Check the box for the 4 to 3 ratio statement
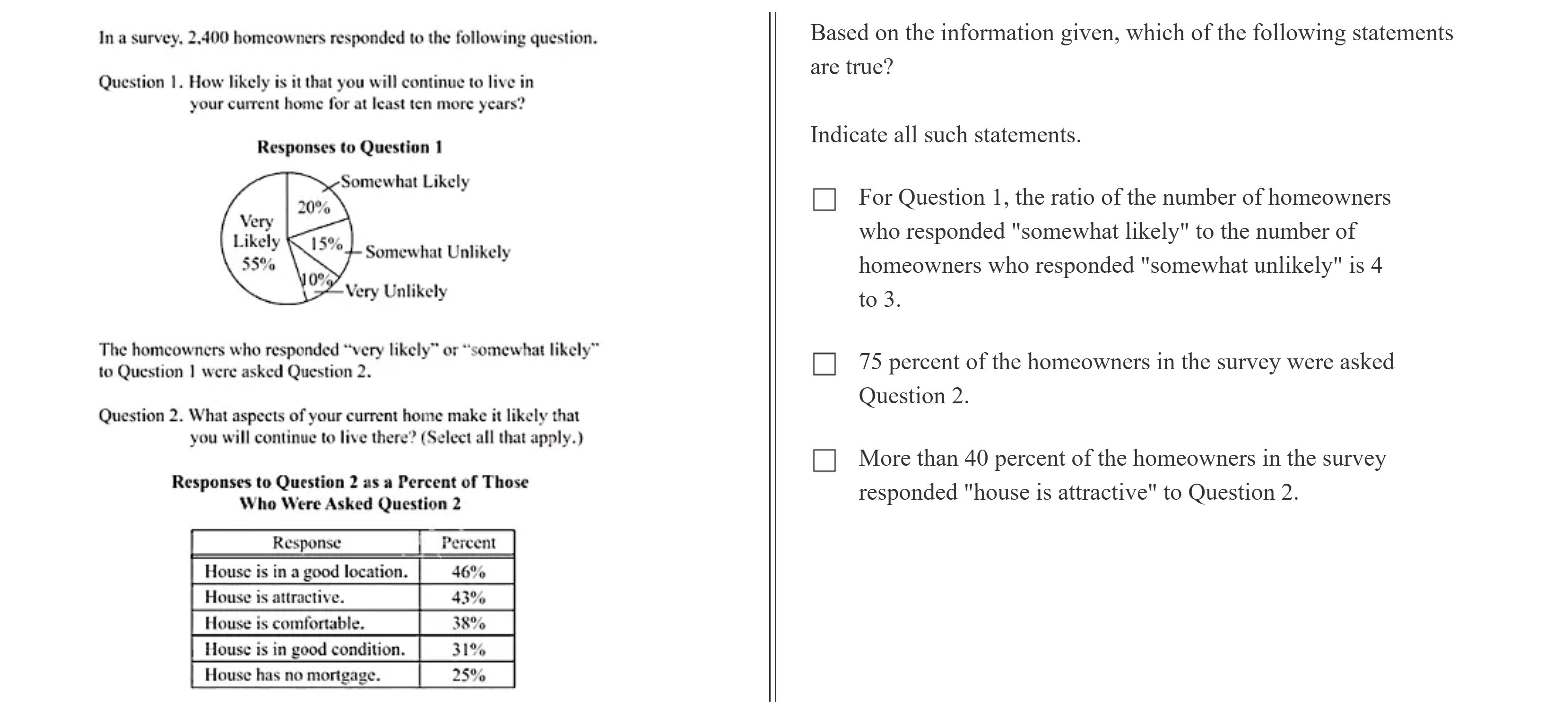824,200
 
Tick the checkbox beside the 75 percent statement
824,364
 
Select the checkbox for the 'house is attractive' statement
824,460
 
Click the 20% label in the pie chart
313,208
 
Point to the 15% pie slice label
326,243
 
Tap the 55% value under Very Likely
258,264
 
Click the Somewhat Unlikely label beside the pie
437,252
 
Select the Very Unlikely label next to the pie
396,292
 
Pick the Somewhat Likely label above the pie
405,181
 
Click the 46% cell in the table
468,572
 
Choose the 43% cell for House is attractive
468,598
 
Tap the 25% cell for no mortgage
468,675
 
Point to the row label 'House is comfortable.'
285,623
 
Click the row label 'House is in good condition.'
304,649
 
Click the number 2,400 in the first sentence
208,38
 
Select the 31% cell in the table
468,649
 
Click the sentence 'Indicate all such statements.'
946,135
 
